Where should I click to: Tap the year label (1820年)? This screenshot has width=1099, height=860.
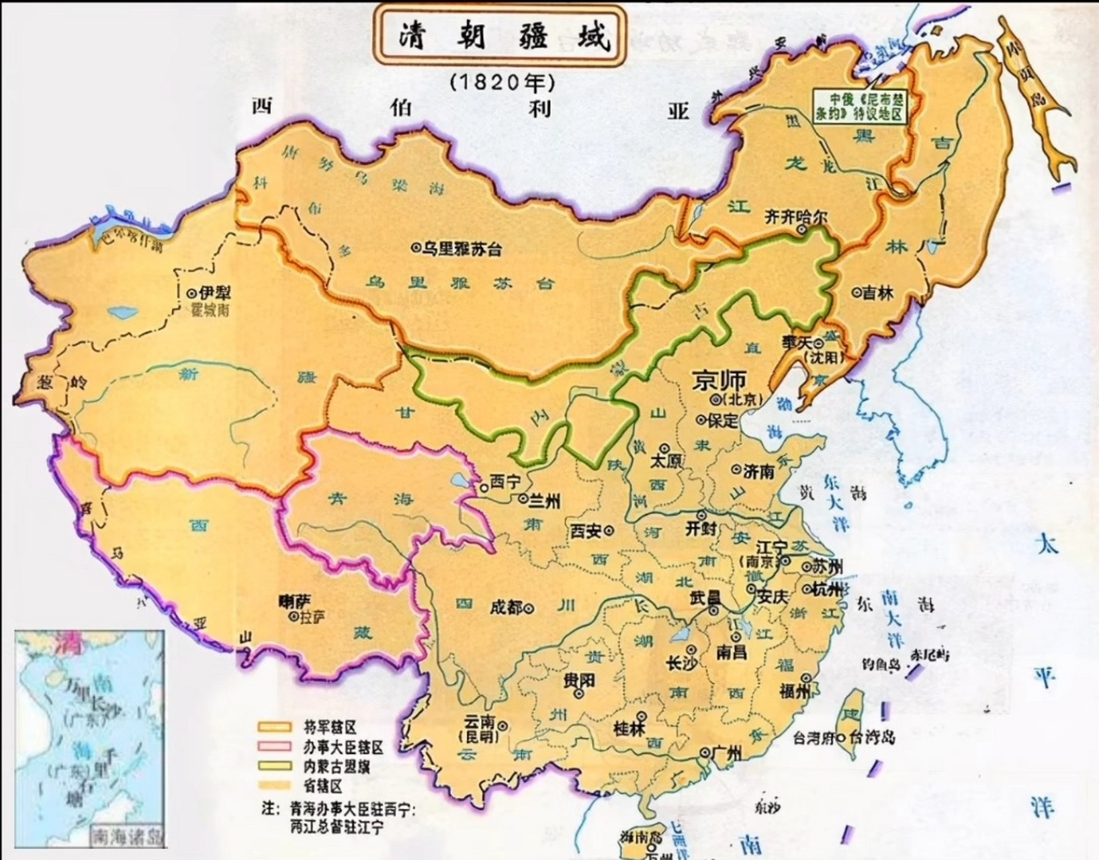[502, 82]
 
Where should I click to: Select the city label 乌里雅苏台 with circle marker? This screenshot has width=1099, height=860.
[457, 249]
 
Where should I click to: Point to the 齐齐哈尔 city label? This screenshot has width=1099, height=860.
[797, 218]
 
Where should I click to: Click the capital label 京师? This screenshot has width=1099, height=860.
[719, 381]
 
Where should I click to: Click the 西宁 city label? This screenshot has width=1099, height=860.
[500, 482]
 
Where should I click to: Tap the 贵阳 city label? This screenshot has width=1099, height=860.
[579, 681]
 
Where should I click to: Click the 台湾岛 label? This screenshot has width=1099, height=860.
[873, 738]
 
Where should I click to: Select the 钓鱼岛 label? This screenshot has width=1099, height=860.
[881, 664]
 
